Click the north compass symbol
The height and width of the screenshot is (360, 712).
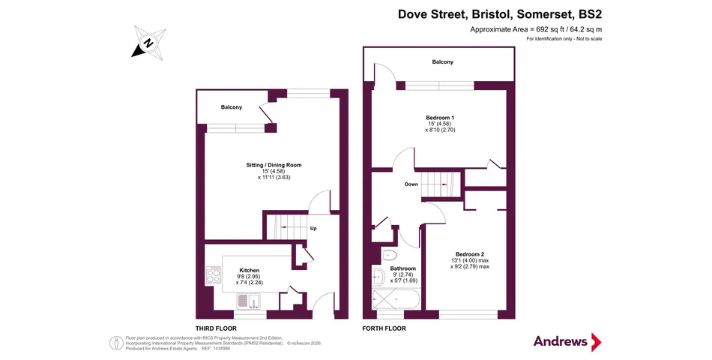(x=148, y=43)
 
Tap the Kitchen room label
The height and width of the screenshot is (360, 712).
(x=250, y=271)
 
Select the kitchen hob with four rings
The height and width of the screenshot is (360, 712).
(x=214, y=275)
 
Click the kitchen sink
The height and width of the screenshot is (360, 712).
(x=248, y=300)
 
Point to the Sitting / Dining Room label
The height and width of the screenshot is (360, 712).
(x=274, y=165)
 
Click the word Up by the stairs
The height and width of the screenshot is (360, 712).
(x=313, y=229)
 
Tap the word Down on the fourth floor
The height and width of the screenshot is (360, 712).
(x=411, y=184)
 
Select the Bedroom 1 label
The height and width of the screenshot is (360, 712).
(x=440, y=118)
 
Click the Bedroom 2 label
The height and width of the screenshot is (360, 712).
(x=470, y=254)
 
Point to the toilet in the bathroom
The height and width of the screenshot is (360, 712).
(x=389, y=254)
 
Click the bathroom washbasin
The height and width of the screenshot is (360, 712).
(x=377, y=276)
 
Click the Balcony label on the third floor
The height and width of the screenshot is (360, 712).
(x=232, y=107)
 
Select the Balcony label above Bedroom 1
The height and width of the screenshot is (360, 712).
(x=443, y=61)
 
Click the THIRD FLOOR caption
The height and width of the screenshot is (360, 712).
(x=216, y=328)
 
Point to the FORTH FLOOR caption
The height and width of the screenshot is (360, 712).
(x=384, y=328)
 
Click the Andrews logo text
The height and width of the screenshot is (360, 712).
(x=561, y=341)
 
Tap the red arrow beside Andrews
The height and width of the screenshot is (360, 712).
(x=597, y=342)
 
